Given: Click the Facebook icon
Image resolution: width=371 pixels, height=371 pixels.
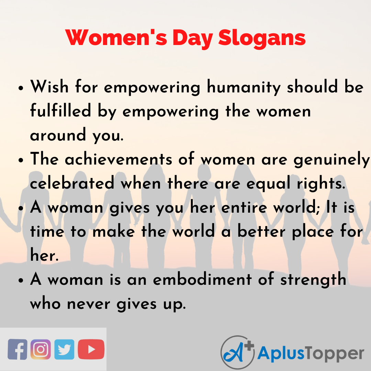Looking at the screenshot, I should tap(18, 349).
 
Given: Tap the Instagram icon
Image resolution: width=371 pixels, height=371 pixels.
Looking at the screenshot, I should tap(41, 349).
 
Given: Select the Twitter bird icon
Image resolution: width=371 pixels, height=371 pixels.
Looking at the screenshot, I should tap(64, 349).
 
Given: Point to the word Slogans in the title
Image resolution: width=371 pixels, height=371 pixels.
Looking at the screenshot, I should tap(262, 38).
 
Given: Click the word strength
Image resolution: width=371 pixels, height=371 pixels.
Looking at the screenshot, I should tap(313, 280).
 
